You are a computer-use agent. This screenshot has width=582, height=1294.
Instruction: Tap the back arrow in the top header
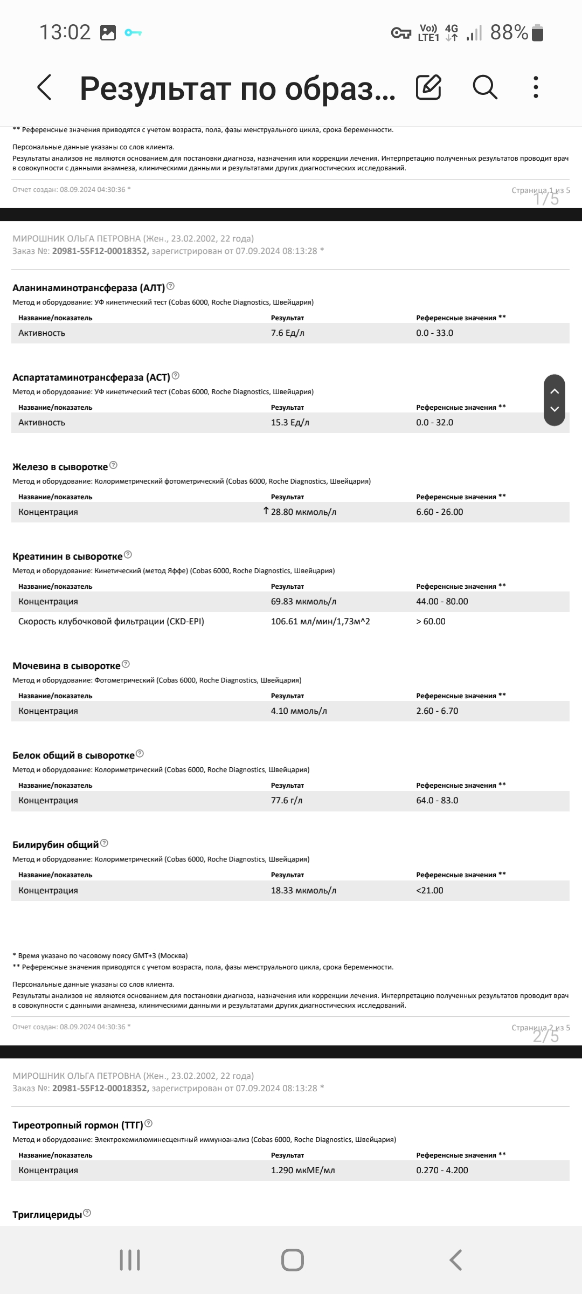[x=44, y=87]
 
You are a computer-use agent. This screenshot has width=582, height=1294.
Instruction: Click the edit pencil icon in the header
[x=428, y=87]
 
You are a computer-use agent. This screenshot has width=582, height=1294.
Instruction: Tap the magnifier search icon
[x=484, y=87]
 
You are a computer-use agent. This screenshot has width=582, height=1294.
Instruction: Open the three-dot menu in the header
[x=535, y=87]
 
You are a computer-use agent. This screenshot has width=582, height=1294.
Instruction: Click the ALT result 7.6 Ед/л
[x=287, y=333]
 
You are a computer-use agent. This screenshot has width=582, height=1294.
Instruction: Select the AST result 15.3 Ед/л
[x=290, y=423]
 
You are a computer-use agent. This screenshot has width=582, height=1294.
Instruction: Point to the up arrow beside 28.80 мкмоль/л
[x=266, y=511]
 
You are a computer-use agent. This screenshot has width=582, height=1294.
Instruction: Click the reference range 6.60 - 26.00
[x=439, y=512]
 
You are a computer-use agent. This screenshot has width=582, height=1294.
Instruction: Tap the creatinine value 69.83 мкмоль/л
[x=303, y=602]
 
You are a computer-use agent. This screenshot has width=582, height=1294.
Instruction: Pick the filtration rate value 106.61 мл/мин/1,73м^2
[x=320, y=622]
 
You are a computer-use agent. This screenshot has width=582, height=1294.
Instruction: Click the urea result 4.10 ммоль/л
[x=299, y=711]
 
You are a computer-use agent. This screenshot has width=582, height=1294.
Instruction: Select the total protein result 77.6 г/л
[x=286, y=801]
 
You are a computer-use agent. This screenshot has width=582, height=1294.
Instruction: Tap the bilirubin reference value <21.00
[x=429, y=890]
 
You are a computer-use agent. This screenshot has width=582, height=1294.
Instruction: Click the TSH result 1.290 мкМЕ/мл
[x=302, y=1170]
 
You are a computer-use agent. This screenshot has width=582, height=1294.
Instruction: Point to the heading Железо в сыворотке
[x=60, y=467]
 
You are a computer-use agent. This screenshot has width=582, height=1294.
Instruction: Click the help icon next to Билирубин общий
[x=105, y=843]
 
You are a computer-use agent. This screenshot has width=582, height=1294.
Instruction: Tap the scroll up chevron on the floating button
[x=555, y=391]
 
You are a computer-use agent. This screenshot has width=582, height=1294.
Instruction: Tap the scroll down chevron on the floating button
[x=555, y=409]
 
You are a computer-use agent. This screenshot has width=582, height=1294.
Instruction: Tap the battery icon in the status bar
[x=537, y=33]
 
